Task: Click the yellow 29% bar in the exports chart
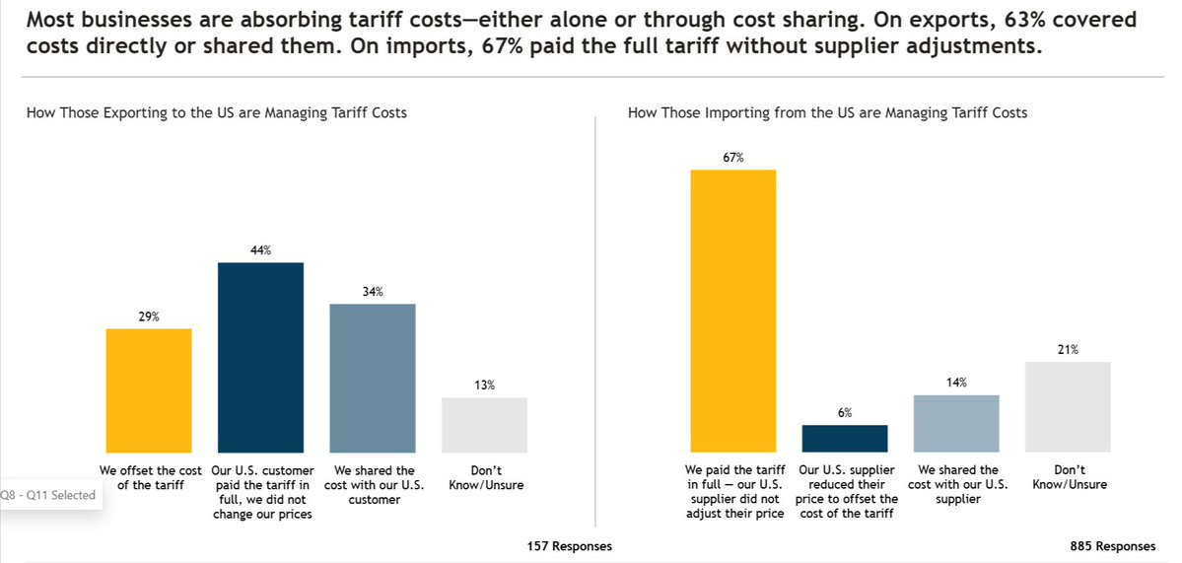click(148, 390)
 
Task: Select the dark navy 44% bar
click(260, 357)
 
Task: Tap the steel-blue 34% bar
click(373, 378)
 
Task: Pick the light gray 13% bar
click(484, 425)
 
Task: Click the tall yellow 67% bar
click(733, 311)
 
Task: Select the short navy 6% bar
click(845, 438)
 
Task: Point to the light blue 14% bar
click(956, 423)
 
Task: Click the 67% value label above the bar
click(733, 157)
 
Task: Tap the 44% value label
click(260, 250)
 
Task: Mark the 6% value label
click(845, 412)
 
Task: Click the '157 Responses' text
click(570, 546)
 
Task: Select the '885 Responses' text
click(1113, 546)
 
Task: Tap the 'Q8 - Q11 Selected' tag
click(49, 495)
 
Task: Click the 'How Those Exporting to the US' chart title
click(217, 113)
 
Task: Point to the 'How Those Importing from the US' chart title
click(827, 113)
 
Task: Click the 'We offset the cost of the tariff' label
click(148, 477)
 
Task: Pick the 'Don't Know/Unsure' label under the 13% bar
click(484, 477)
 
